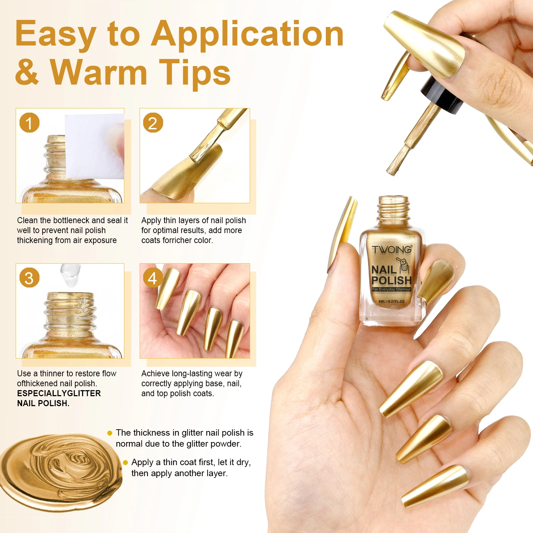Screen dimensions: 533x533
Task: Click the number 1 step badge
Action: coord(29,123)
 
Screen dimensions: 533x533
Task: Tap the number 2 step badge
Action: coord(153,123)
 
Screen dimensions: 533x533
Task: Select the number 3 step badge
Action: coord(29,278)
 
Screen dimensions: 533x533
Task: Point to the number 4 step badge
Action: coord(153,278)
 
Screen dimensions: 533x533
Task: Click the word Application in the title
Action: coord(247,34)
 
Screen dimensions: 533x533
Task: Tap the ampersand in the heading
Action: coord(27,71)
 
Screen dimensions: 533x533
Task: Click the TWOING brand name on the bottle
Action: coord(392,249)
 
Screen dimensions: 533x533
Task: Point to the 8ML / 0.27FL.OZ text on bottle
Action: coord(392,301)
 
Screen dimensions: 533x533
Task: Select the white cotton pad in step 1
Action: coord(95,146)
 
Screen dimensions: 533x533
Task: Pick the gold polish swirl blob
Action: coord(60,473)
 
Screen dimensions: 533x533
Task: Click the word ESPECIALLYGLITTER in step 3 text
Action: coord(59,393)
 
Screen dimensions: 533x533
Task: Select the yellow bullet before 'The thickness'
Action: coord(110,433)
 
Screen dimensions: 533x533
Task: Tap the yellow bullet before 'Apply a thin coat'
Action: coord(125,462)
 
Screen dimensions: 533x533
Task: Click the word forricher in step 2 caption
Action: coord(177,240)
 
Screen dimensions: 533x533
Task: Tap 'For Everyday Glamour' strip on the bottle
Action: coord(392,289)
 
